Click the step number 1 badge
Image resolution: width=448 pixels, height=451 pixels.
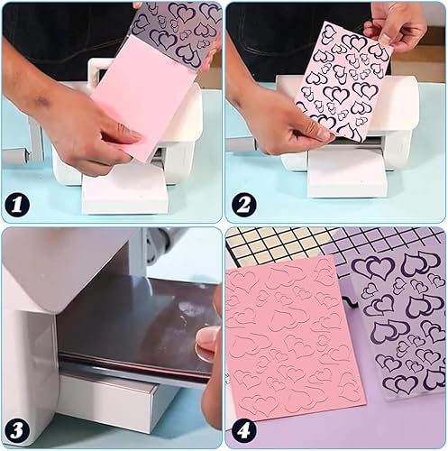(17, 205)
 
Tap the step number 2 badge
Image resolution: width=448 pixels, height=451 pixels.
(243, 205)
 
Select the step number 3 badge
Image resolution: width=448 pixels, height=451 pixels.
(17, 430)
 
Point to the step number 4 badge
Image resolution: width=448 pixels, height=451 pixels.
(243, 430)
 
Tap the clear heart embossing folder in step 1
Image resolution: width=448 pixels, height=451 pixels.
(178, 30)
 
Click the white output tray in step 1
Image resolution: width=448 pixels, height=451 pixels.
(124, 192)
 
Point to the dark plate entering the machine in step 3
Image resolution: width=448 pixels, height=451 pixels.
(135, 327)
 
